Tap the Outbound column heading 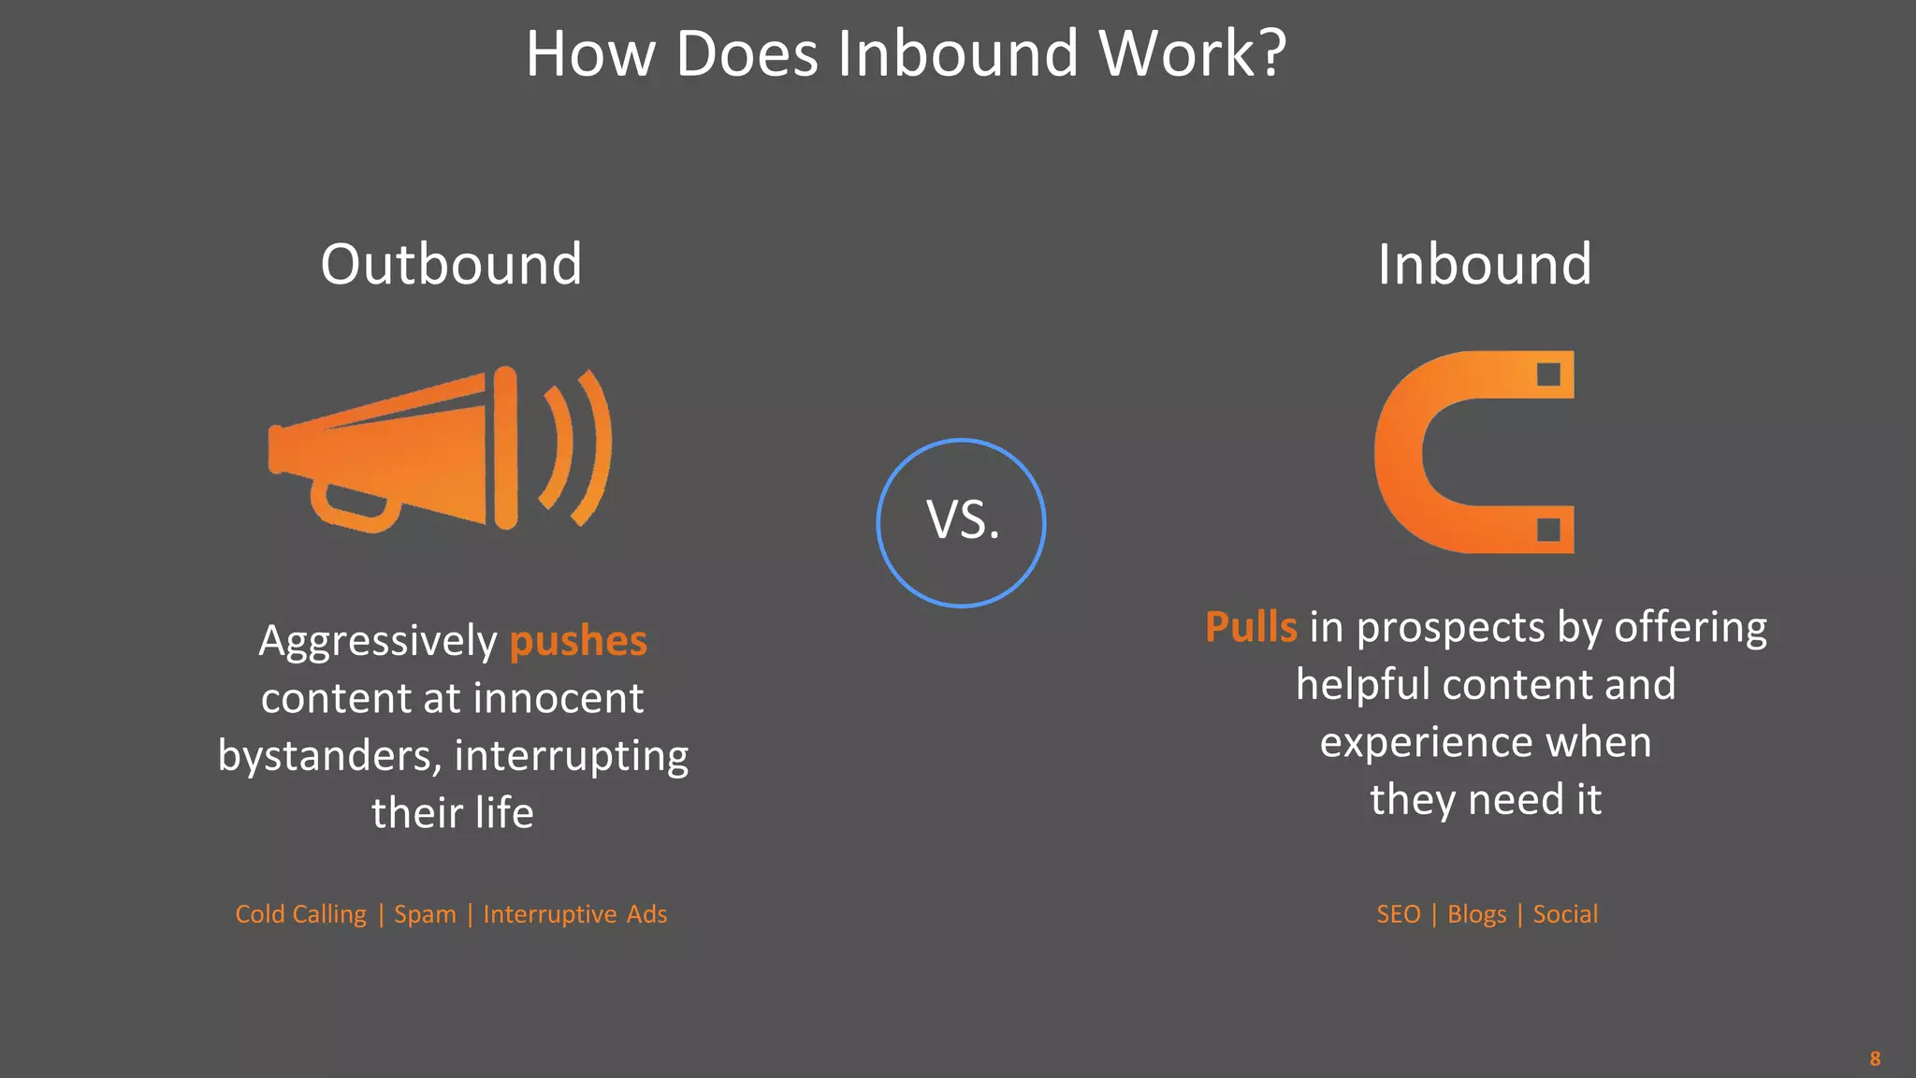(x=451, y=264)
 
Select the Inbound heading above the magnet (x=1484, y=264)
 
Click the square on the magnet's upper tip (x=1548, y=374)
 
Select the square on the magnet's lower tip (x=1548, y=530)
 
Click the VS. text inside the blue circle (x=963, y=520)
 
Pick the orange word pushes (x=578, y=642)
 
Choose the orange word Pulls (x=1251, y=627)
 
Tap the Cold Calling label (x=300, y=914)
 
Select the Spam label (x=425, y=914)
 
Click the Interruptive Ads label (x=574, y=914)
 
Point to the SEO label (x=1398, y=914)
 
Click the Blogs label (x=1476, y=914)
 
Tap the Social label (x=1565, y=914)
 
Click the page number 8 (x=1875, y=1058)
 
